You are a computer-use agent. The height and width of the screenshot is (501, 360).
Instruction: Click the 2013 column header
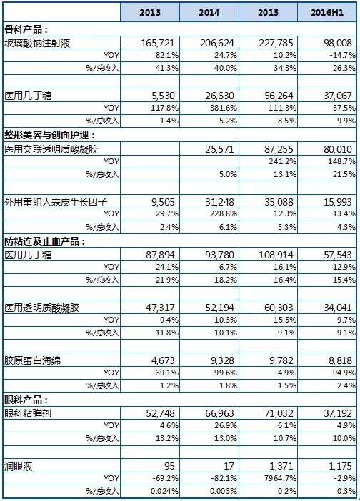pyautogui.click(x=149, y=13)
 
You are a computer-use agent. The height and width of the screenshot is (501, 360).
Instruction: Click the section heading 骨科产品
pyautogui.click(x=26, y=30)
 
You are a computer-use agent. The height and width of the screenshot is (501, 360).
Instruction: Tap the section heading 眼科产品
pyautogui.click(x=26, y=399)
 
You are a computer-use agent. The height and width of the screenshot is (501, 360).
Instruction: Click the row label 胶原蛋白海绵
pyautogui.click(x=34, y=360)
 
